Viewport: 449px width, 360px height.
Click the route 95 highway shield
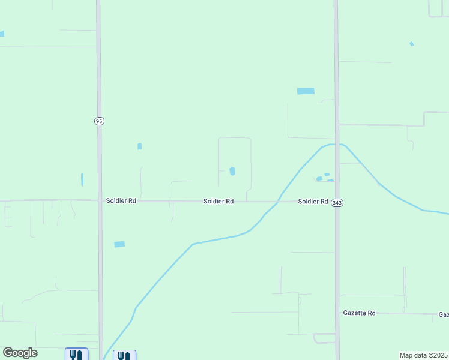click(99, 121)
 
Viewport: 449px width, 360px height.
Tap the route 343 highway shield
click(337, 203)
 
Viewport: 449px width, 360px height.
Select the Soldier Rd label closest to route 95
click(121, 201)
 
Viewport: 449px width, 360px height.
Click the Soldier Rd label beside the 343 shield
click(313, 202)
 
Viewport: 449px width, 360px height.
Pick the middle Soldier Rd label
click(218, 202)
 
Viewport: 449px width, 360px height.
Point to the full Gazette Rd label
click(359, 313)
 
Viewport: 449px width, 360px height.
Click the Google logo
click(20, 353)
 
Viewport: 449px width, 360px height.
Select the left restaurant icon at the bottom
click(76, 355)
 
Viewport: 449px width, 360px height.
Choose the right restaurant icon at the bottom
click(124, 355)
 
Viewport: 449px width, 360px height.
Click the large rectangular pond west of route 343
click(306, 91)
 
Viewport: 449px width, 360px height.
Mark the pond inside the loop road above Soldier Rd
click(232, 171)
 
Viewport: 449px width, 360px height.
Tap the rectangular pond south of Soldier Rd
click(119, 244)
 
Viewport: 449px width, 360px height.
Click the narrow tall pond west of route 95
click(82, 179)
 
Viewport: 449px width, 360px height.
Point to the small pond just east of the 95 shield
click(140, 146)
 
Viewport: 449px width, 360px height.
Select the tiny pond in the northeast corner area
click(411, 44)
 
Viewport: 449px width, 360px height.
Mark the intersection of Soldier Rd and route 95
click(99, 200)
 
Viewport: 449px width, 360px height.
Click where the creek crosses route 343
click(337, 145)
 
